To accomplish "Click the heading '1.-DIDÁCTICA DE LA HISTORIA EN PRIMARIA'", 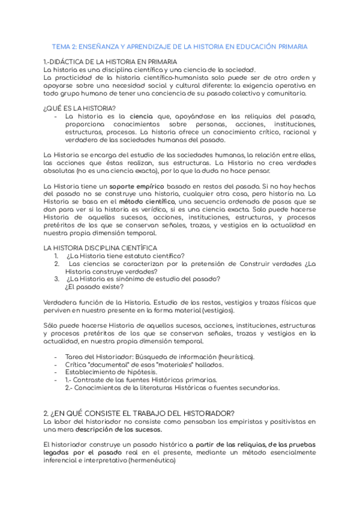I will click(x=110, y=62).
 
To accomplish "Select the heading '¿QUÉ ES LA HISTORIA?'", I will click(x=80, y=108).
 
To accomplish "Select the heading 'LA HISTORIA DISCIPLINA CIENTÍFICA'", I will click(x=100, y=248).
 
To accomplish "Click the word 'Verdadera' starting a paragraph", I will click(x=61, y=302).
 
